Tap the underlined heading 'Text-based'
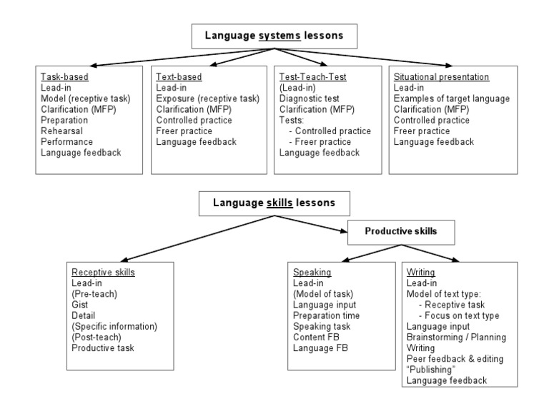point(179,77)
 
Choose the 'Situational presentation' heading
point(441,77)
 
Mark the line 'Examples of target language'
point(451,98)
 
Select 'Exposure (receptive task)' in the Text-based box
point(207,98)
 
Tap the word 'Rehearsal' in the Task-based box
point(61,131)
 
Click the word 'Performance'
point(66,141)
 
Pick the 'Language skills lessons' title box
point(274,203)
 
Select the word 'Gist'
point(79,305)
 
